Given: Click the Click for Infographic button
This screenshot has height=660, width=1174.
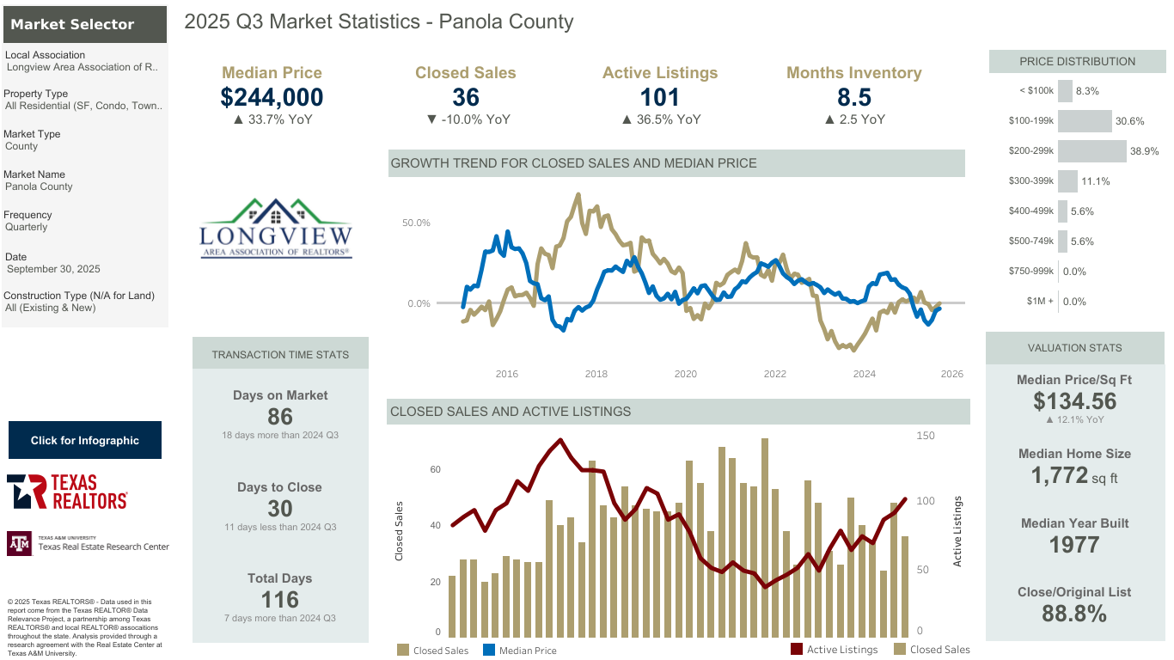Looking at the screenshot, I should [85, 440].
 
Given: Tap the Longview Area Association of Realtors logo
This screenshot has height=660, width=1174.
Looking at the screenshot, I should [275, 229].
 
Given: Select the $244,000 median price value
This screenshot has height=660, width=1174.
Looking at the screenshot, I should [272, 97].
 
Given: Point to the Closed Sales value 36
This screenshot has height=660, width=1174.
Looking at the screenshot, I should [465, 97].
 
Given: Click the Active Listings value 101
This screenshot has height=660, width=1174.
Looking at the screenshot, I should [659, 97].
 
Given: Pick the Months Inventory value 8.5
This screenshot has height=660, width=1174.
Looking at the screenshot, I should [853, 97].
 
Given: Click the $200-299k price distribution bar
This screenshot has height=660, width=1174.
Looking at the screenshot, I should [1091, 151].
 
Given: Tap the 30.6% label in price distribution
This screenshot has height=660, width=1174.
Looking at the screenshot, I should [1129, 121].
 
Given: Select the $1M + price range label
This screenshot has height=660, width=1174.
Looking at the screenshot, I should [1039, 302].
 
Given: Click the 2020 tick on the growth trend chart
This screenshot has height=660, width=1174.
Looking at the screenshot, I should [685, 374].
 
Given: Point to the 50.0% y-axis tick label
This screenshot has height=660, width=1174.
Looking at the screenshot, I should [416, 223].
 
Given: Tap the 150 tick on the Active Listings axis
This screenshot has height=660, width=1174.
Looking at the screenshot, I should [926, 436].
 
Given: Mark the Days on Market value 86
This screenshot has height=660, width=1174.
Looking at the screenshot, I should [280, 417].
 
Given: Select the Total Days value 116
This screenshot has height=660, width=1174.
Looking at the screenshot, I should [280, 600].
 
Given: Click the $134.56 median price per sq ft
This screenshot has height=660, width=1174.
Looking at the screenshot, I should [1074, 401].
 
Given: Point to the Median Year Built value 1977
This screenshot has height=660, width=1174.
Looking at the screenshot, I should [1074, 545].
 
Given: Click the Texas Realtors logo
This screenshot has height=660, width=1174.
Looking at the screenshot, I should [68, 492].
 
